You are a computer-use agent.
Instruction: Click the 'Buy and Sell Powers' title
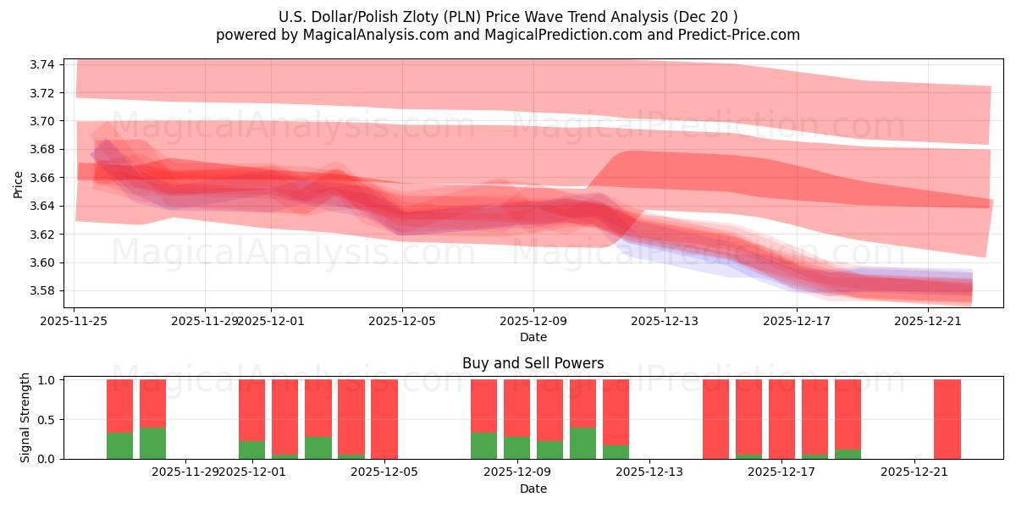pyautogui.click(x=533, y=363)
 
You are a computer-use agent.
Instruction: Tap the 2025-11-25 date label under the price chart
pyautogui.click(x=74, y=321)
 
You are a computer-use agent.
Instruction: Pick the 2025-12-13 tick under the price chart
pyautogui.click(x=665, y=321)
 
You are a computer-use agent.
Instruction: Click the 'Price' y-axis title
pyautogui.click(x=19, y=183)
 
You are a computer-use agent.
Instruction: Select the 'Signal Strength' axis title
pyautogui.click(x=25, y=417)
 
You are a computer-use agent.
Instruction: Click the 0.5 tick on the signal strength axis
pyautogui.click(x=47, y=419)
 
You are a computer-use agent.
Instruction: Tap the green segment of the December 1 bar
pyautogui.click(x=251, y=450)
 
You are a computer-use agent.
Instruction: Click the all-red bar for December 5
pyautogui.click(x=384, y=419)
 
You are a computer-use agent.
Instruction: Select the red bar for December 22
pyautogui.click(x=947, y=419)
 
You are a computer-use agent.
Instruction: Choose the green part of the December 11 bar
pyautogui.click(x=583, y=443)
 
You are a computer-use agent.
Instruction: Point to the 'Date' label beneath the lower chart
pyautogui.click(x=533, y=489)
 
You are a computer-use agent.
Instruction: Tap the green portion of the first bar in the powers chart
pyautogui.click(x=119, y=445)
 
